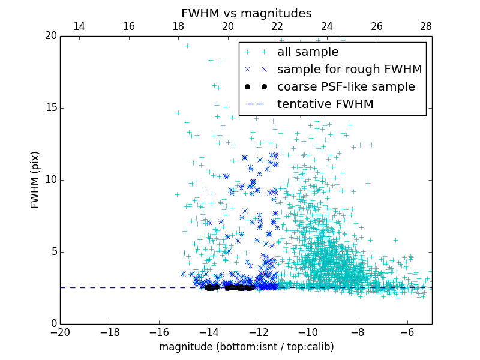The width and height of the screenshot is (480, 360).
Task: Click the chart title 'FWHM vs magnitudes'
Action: tap(246, 13)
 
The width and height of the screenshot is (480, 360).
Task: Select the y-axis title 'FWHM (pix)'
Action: tap(35, 179)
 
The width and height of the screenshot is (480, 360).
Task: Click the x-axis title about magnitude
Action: tap(246, 347)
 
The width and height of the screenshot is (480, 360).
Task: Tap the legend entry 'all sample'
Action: tap(307, 52)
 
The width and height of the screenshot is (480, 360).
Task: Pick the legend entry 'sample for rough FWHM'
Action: tap(349, 70)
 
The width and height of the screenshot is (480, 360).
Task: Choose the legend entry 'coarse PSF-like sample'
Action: tap(346, 87)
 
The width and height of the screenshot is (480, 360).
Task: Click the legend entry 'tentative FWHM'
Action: tap(325, 104)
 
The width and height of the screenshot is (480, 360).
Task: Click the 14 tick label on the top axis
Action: tap(79, 26)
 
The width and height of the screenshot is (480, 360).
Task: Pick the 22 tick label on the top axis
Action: tap(277, 26)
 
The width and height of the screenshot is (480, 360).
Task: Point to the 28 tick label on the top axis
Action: tap(426, 26)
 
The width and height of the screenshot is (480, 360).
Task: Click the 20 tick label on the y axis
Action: tap(50, 36)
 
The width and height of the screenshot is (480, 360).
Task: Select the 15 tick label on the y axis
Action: tap(50, 108)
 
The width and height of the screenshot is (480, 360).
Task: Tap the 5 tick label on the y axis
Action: tap(53, 252)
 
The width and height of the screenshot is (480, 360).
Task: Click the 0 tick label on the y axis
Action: tap(53, 324)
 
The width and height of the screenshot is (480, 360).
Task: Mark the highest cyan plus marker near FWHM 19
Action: tap(187, 46)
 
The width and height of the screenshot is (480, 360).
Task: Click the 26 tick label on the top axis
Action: tap(376, 26)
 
